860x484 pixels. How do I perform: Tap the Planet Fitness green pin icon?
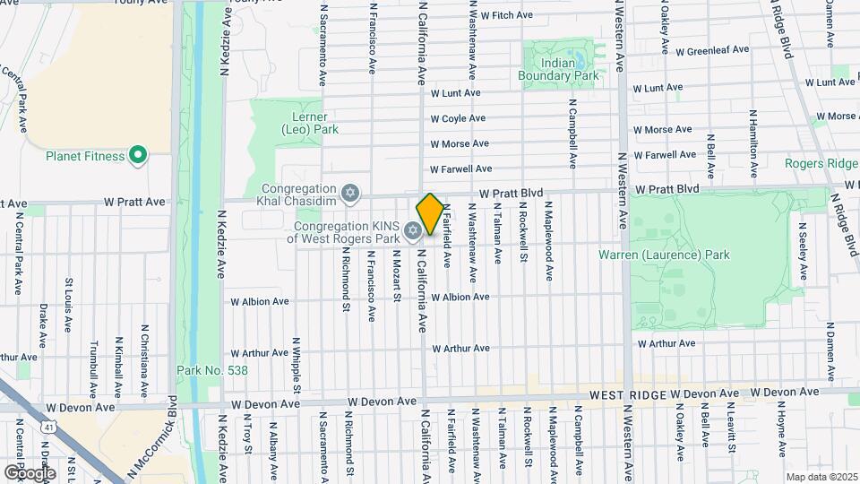[x=137, y=157]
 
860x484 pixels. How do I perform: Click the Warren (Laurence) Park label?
[x=664, y=255]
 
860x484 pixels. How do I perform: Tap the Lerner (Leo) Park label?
[x=310, y=123]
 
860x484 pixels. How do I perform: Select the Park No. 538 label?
[x=212, y=370]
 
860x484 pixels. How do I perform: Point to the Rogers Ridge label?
[x=821, y=163]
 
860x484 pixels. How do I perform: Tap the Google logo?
[x=30, y=472]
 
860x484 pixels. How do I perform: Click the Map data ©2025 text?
[x=821, y=477]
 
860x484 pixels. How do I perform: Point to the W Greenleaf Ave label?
[x=712, y=50]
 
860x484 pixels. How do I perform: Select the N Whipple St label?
[x=296, y=365]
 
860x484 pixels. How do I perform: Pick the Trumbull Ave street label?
[x=92, y=368]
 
